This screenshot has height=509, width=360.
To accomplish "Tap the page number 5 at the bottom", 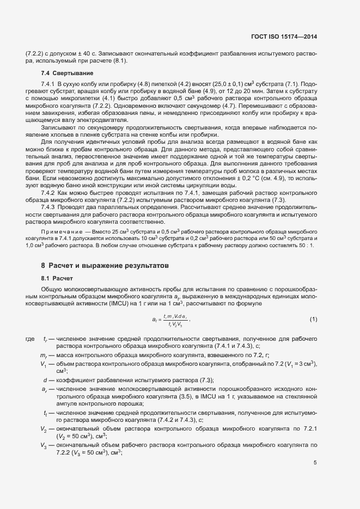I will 315,463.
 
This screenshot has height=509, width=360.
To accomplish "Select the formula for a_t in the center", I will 169,319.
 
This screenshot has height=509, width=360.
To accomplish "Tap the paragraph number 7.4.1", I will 50,84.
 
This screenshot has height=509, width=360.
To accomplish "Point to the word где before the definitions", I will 30,339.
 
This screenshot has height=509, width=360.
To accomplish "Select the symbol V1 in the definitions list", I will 43,363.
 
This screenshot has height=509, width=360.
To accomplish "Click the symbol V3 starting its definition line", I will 43,445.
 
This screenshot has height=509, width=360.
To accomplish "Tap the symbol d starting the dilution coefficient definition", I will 45,379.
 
